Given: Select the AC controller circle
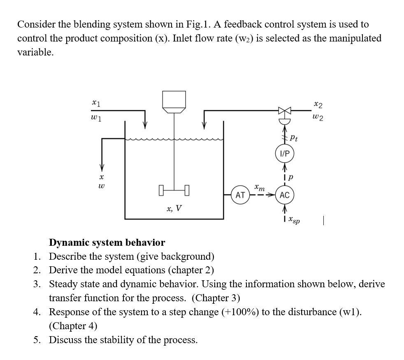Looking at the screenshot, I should pyautogui.click(x=285, y=195).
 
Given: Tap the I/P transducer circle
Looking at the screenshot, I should pyautogui.click(x=285, y=154).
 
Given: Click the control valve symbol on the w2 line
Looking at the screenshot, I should pyautogui.click(x=285, y=111).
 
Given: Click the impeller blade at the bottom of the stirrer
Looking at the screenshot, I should pyautogui.click(x=174, y=190).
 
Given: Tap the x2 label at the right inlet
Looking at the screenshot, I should pyautogui.click(x=318, y=104).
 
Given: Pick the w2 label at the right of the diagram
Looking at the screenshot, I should pyautogui.click(x=318, y=118).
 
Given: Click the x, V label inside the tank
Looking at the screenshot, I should pyautogui.click(x=174, y=208).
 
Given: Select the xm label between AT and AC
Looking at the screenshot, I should pyautogui.click(x=260, y=187).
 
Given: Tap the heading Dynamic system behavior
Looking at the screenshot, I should pyautogui.click(x=107, y=242).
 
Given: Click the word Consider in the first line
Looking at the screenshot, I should pyautogui.click(x=36, y=24).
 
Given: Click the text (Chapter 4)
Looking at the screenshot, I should pyautogui.click(x=73, y=326).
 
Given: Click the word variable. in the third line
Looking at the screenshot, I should pyautogui.click(x=35, y=52).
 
